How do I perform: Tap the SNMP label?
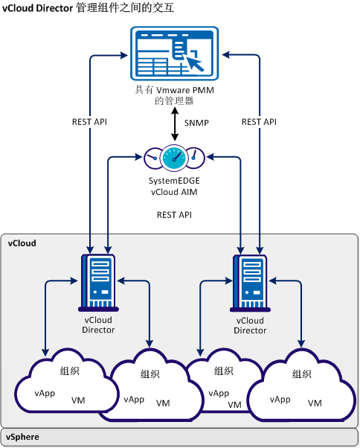pos(197,121)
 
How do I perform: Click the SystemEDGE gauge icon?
pos(175,157)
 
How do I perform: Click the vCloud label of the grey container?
pos(22,243)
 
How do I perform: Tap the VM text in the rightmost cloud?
pos(315,403)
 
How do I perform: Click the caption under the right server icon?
pos(250,326)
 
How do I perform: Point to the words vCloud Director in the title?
pos(38,9)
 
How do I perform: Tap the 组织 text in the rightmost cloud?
pos(302,374)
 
